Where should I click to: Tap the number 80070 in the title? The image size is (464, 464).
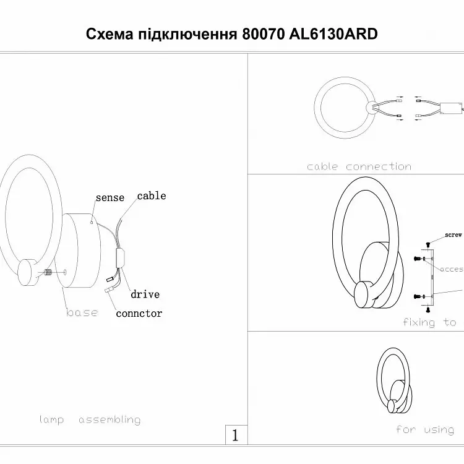[262, 34]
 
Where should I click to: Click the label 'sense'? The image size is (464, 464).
[110, 198]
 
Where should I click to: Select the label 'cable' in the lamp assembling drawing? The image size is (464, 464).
[152, 195]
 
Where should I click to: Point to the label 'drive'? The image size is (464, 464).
[145, 294]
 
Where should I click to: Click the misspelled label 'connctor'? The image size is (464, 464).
[139, 313]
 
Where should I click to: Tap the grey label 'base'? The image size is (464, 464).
[82, 312]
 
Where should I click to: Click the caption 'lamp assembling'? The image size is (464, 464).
[90, 419]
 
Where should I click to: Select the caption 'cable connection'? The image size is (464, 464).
[359, 166]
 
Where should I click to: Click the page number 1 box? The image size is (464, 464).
[235, 435]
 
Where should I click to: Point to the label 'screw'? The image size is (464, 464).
[453, 235]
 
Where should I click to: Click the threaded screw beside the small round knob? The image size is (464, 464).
[48, 273]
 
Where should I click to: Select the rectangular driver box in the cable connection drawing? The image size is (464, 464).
[449, 109]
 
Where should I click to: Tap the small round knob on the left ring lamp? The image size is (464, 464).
[28, 272]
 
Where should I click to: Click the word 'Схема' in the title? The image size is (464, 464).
[109, 34]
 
